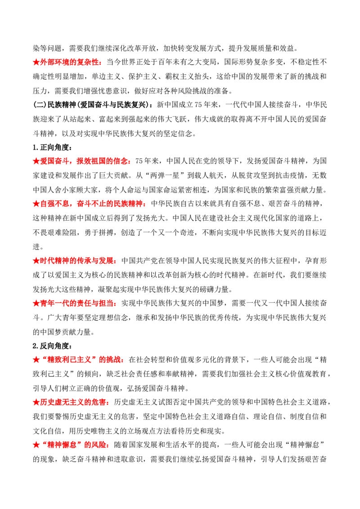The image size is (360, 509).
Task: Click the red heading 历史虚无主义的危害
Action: [x=73, y=402]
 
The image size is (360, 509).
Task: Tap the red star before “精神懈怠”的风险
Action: [x=36, y=445]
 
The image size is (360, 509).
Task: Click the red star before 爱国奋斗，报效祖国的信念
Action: [x=36, y=161]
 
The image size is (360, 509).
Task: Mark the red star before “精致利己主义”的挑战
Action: [x=36, y=360]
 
